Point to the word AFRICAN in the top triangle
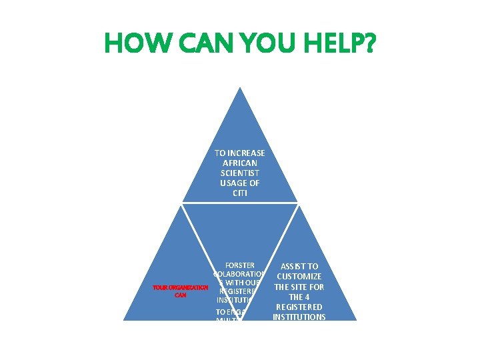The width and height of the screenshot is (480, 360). [x=240, y=163]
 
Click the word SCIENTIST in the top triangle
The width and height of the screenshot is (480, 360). [x=240, y=173]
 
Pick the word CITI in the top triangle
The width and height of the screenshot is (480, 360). [x=240, y=193]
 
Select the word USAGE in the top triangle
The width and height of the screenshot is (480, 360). [x=233, y=183]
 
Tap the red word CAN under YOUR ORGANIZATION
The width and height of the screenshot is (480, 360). [x=180, y=295]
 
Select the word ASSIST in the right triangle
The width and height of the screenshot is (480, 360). [x=291, y=266]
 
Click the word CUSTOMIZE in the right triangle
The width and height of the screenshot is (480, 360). [x=299, y=276]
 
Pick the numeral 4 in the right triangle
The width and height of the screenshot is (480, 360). [x=309, y=297]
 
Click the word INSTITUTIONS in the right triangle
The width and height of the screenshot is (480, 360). [x=299, y=317]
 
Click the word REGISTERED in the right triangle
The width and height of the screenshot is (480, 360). [x=299, y=307]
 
